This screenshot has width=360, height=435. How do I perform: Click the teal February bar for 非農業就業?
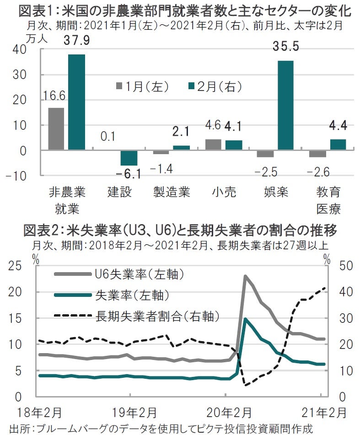tap(76, 102)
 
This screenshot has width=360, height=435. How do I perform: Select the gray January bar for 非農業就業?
tap(56, 129)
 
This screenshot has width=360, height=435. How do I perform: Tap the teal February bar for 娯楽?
tap(285, 105)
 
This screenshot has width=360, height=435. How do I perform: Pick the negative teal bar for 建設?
tap(129, 158)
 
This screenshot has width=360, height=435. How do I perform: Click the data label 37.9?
tap(77, 42)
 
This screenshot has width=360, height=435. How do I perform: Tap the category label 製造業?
tap(172, 192)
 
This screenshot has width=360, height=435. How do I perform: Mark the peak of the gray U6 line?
tap(246, 276)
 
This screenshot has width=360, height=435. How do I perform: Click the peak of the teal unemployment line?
tap(246, 319)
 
